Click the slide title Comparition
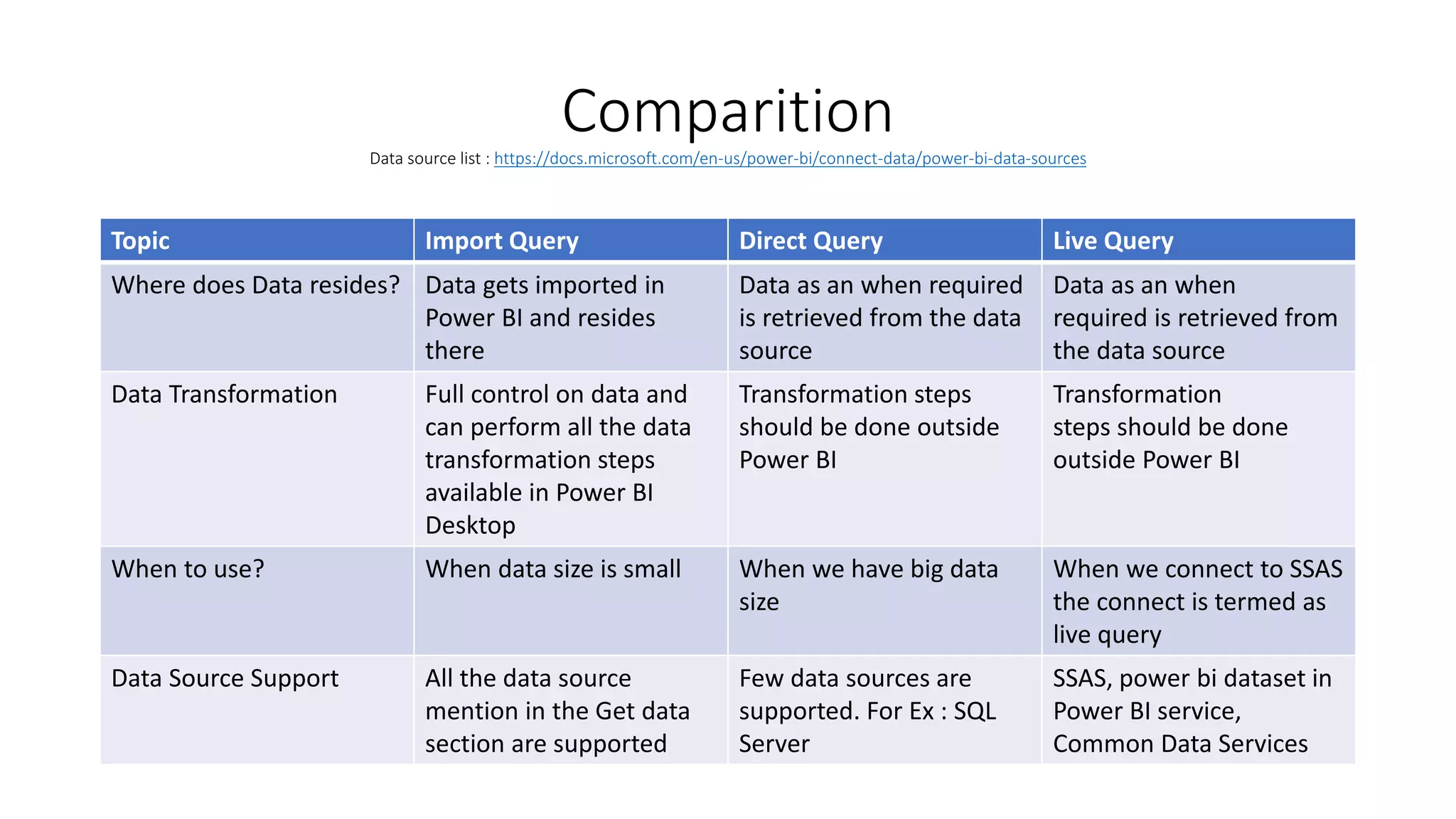point(727,112)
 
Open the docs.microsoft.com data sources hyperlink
point(790,159)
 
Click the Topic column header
point(141,241)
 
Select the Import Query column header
point(502,241)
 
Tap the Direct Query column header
point(810,241)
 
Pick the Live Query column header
point(1113,241)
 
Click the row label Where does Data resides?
point(256,285)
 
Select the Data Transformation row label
point(224,395)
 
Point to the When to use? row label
point(188,569)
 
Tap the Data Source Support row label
point(225,679)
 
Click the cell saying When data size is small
point(552,569)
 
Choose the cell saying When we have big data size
point(867,584)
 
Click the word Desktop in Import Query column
point(470,525)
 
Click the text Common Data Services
point(1180,744)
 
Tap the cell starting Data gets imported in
point(544,317)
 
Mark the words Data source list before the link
point(425,159)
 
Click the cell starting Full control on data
point(557,459)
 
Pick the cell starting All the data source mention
point(557,711)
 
